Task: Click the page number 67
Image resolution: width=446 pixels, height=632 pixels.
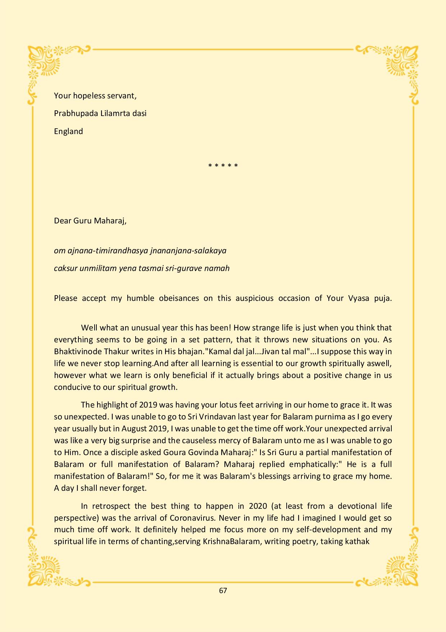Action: (x=223, y=591)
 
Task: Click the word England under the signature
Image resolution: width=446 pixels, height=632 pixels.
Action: (x=68, y=131)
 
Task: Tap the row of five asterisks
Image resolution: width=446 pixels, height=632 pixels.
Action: (x=223, y=166)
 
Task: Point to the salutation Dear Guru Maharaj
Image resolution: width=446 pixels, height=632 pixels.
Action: (x=90, y=221)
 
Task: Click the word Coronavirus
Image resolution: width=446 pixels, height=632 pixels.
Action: (x=192, y=518)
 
